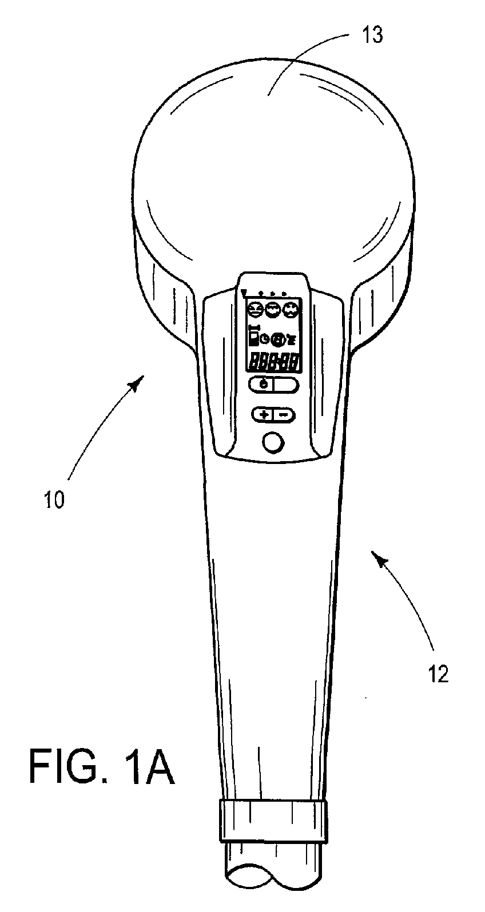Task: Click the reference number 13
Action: pyautogui.click(x=372, y=36)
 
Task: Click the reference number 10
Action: pyautogui.click(x=54, y=500)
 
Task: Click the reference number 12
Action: pyautogui.click(x=438, y=674)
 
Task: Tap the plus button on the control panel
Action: pyautogui.click(x=264, y=415)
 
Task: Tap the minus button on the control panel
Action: pyautogui.click(x=284, y=415)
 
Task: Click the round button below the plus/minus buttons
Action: pyautogui.click(x=274, y=442)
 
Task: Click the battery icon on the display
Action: pyautogui.click(x=253, y=337)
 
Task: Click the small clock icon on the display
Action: pyautogui.click(x=264, y=338)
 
